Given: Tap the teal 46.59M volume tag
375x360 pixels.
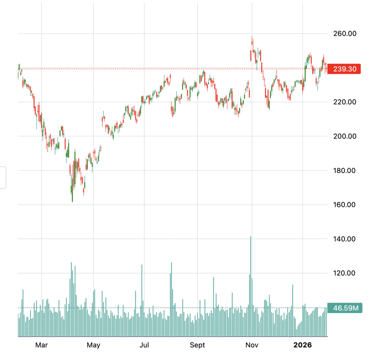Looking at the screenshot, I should (344, 308).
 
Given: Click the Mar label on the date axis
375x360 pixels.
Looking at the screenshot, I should (41, 345).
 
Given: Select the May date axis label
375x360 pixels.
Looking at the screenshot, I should (93, 345).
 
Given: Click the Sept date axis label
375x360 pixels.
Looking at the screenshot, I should (197, 345).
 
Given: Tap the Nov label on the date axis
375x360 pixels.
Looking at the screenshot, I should (252, 345).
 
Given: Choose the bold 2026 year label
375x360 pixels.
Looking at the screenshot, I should (303, 345).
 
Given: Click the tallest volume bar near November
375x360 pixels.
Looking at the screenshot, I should (250, 286).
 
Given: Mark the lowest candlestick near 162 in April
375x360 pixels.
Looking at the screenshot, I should (72, 194).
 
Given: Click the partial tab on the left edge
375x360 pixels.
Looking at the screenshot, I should (3, 178).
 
